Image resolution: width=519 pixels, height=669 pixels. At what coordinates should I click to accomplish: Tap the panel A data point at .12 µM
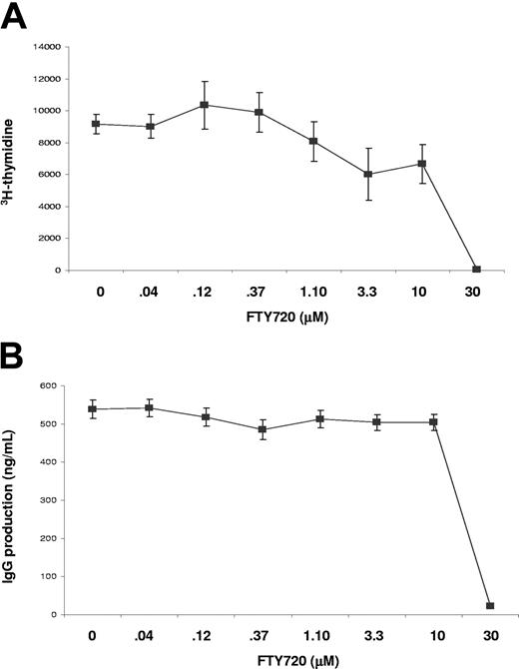[x=205, y=105]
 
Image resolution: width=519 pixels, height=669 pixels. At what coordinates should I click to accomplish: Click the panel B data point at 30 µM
[x=490, y=606]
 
